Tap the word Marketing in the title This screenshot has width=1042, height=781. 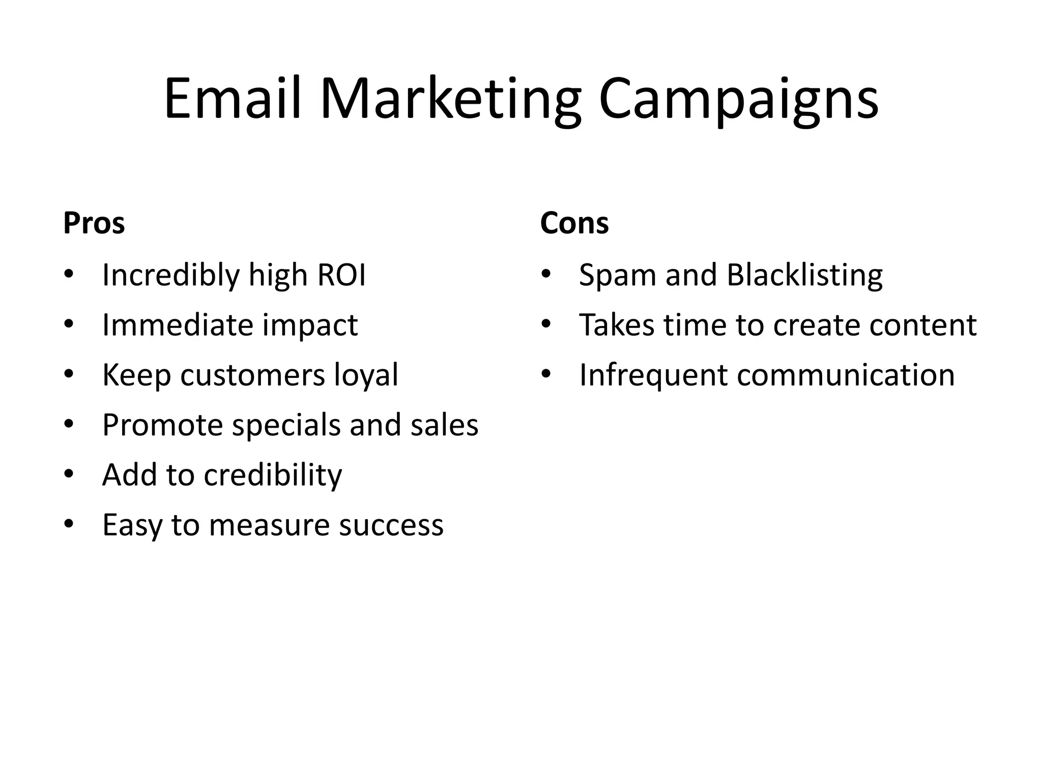(x=450, y=99)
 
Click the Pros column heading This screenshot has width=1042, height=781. (x=94, y=223)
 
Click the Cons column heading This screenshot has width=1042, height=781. (x=574, y=223)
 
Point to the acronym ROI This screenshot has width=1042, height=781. (x=341, y=275)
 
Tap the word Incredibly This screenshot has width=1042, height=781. (x=170, y=276)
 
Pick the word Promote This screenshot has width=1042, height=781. (x=162, y=425)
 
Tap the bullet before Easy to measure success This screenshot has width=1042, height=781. (x=69, y=523)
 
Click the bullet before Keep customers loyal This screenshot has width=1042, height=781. (x=69, y=373)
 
